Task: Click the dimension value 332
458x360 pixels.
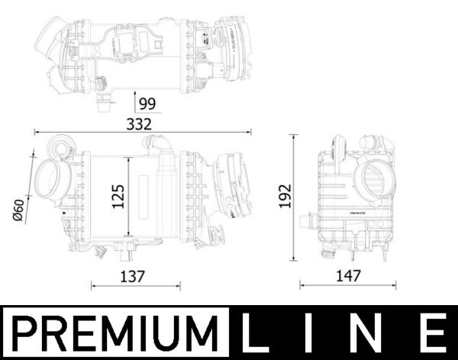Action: (x=139, y=122)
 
